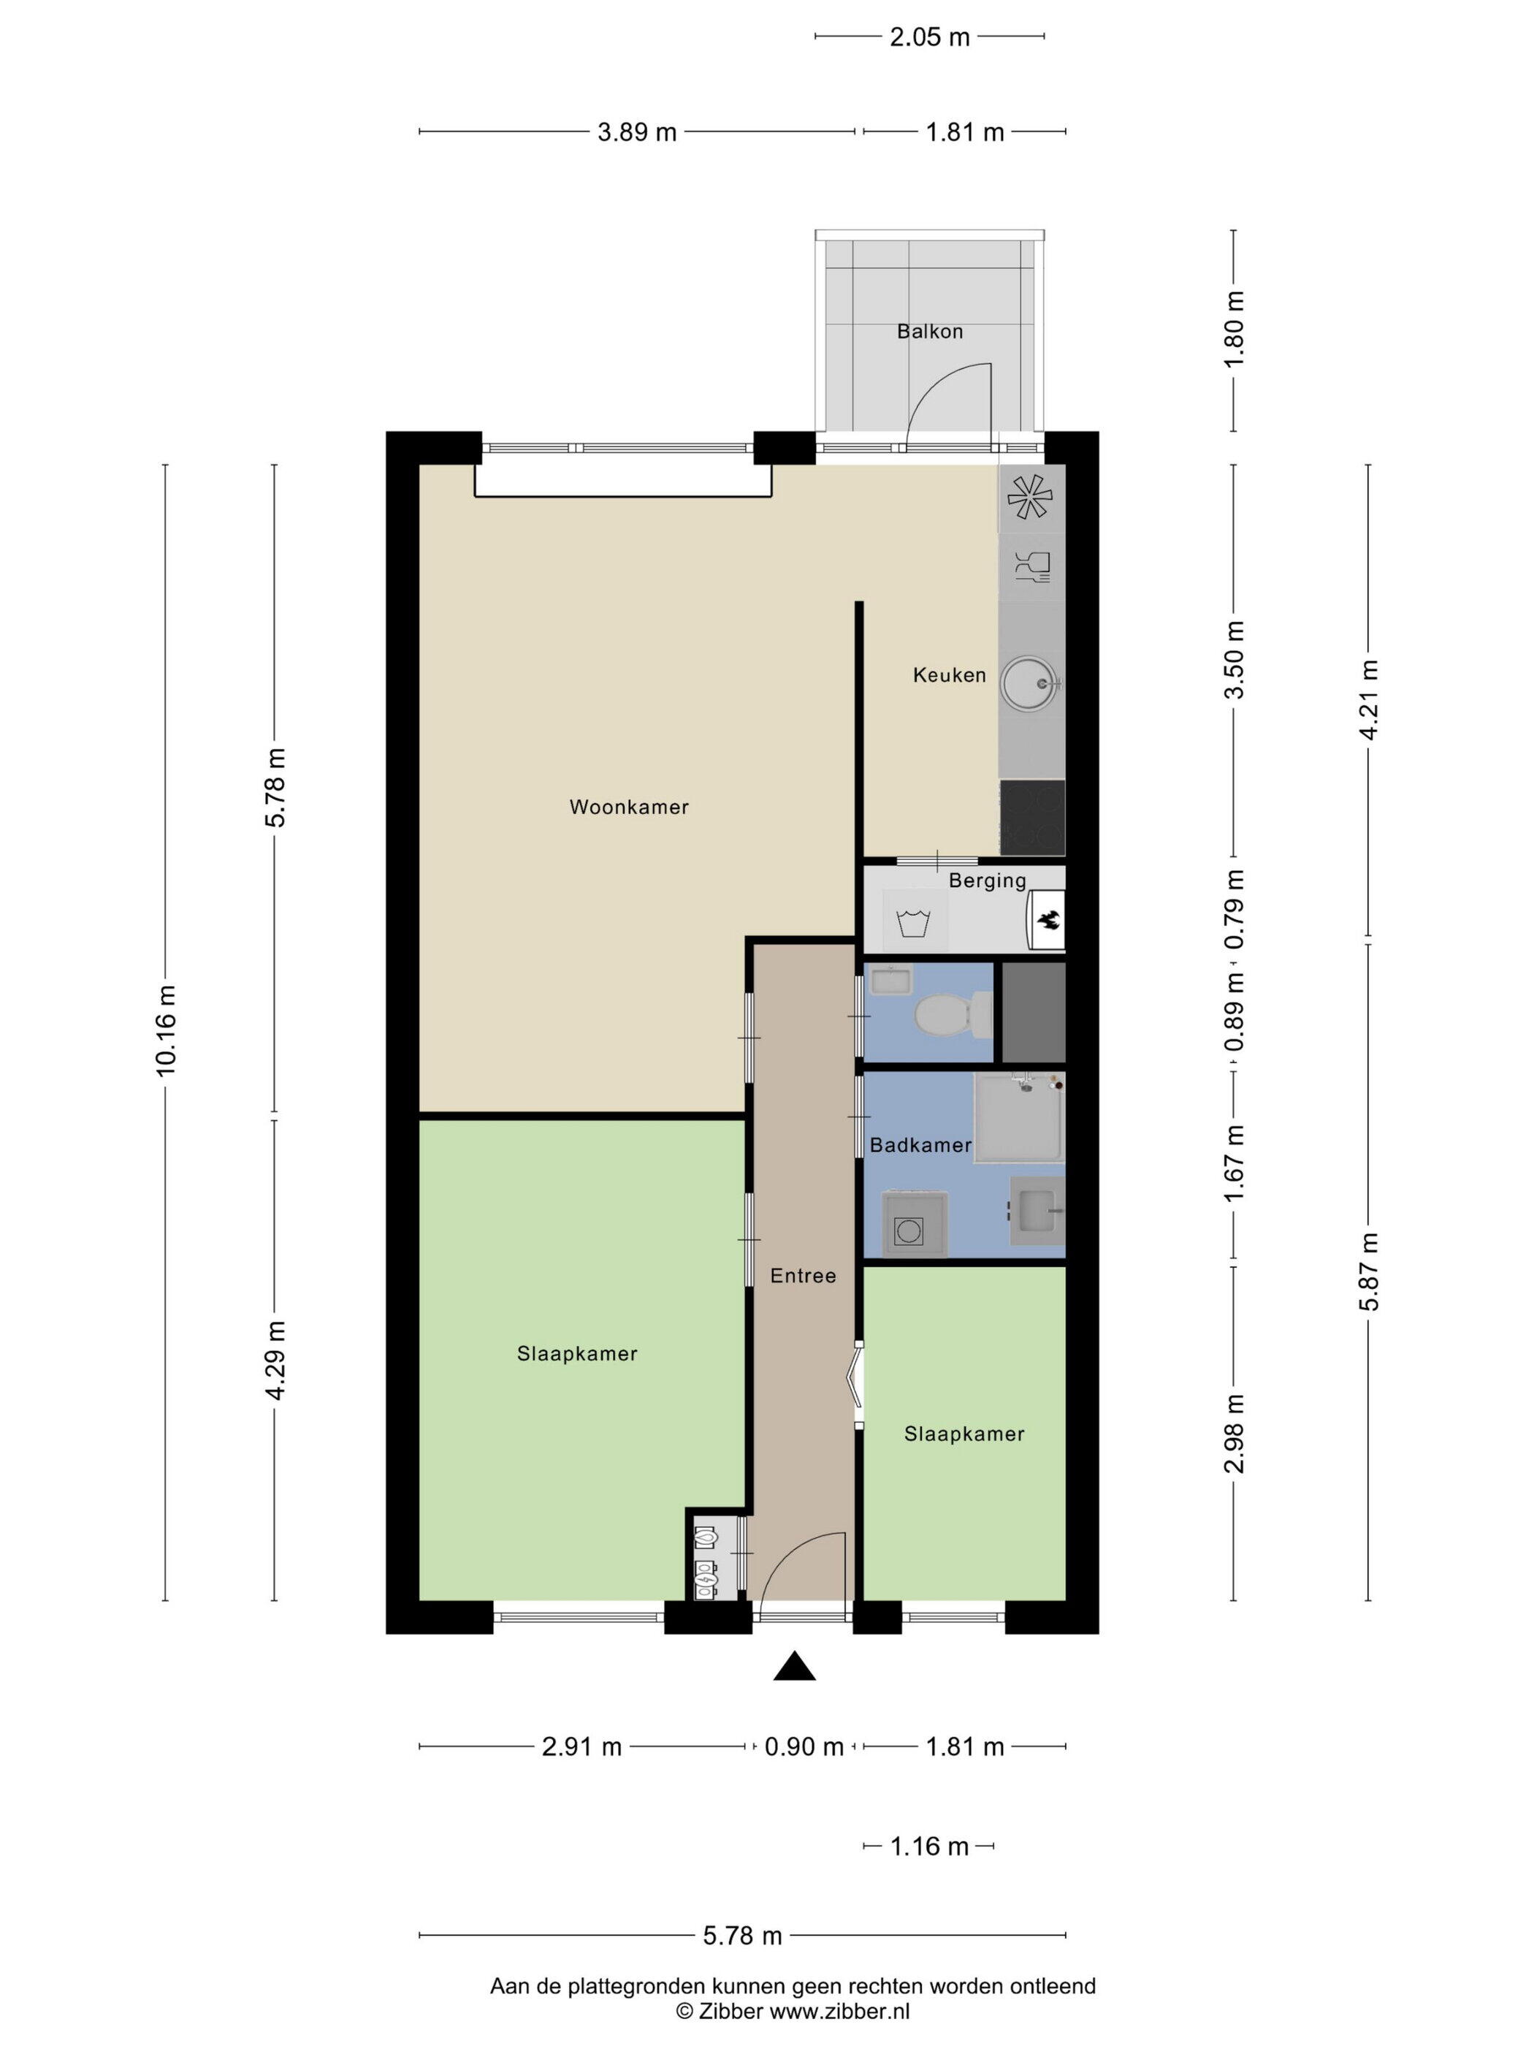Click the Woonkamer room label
(x=629, y=807)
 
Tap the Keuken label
(x=950, y=675)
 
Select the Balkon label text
(x=930, y=331)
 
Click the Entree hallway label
(x=804, y=1276)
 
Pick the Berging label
(x=988, y=881)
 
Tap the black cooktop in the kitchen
(x=1032, y=818)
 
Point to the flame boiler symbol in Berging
(x=1048, y=920)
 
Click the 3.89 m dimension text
(x=637, y=132)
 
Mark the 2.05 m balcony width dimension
(x=930, y=37)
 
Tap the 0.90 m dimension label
(x=804, y=1747)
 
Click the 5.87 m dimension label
(x=1370, y=1272)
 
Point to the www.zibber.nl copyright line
(x=793, y=2011)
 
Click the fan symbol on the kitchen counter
(x=1030, y=497)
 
